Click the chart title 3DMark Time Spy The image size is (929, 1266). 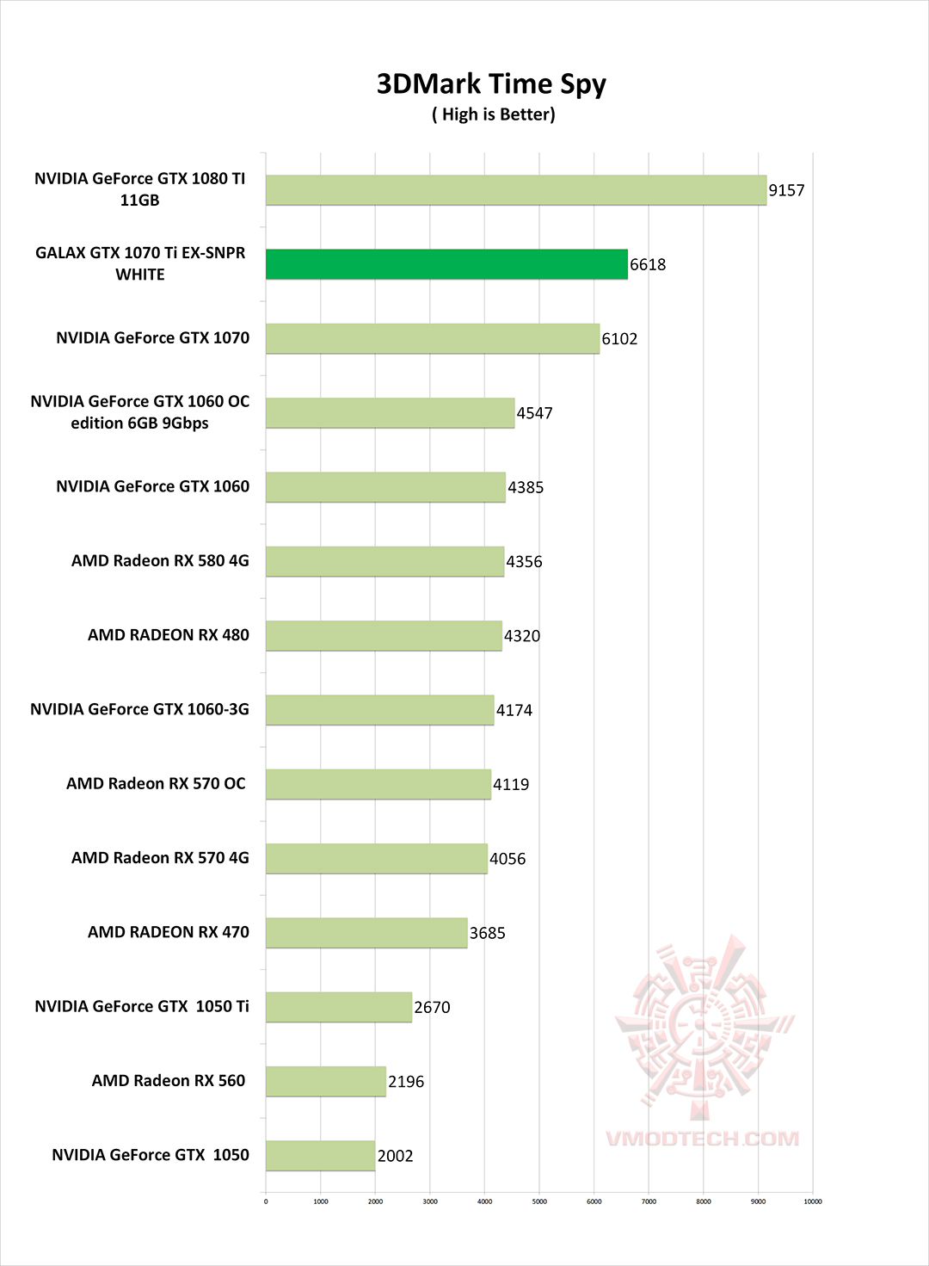[491, 84]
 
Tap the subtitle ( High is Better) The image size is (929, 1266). [493, 114]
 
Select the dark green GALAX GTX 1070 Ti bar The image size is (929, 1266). [446, 264]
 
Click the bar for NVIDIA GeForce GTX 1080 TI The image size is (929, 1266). [515, 190]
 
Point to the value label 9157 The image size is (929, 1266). [786, 190]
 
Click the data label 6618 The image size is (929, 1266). [648, 265]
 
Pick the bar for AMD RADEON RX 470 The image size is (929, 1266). [366, 933]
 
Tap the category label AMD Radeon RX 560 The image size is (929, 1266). [169, 1081]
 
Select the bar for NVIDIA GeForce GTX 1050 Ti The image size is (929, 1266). [339, 1007]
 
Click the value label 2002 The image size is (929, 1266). [395, 1156]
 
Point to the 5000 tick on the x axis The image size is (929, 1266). [539, 1201]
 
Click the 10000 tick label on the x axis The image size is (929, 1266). [812, 1201]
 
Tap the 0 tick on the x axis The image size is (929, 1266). [266, 1201]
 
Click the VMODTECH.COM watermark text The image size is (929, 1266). [702, 1139]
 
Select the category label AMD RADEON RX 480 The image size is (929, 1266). [169, 635]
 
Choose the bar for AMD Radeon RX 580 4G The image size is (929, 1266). [385, 561]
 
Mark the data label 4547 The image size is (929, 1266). [534, 413]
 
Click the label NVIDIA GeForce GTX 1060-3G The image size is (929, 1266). [139, 709]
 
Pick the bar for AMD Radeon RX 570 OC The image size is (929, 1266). [378, 784]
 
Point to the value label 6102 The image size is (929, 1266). [619, 339]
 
